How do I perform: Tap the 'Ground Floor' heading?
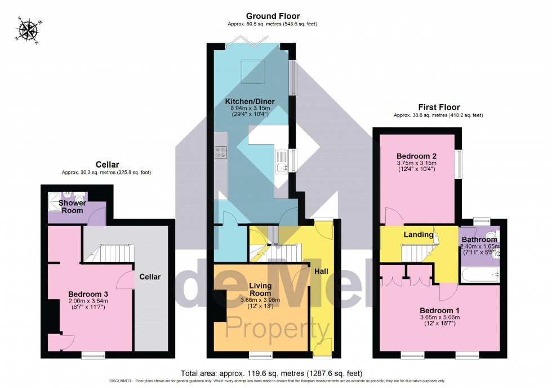pyautogui.click(x=272, y=16)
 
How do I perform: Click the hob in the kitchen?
pyautogui.click(x=220, y=152)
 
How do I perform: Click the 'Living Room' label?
pyautogui.click(x=260, y=290)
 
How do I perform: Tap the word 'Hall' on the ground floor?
pyautogui.click(x=321, y=271)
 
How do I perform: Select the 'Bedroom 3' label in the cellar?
pyautogui.click(x=88, y=294)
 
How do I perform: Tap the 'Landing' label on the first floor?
pyautogui.click(x=419, y=234)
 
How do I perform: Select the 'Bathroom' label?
pyautogui.click(x=479, y=239)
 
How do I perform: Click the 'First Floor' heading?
pyautogui.click(x=438, y=107)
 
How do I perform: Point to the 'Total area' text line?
pyautogui.click(x=271, y=373)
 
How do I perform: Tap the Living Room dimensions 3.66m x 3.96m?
pyautogui.click(x=260, y=300)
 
